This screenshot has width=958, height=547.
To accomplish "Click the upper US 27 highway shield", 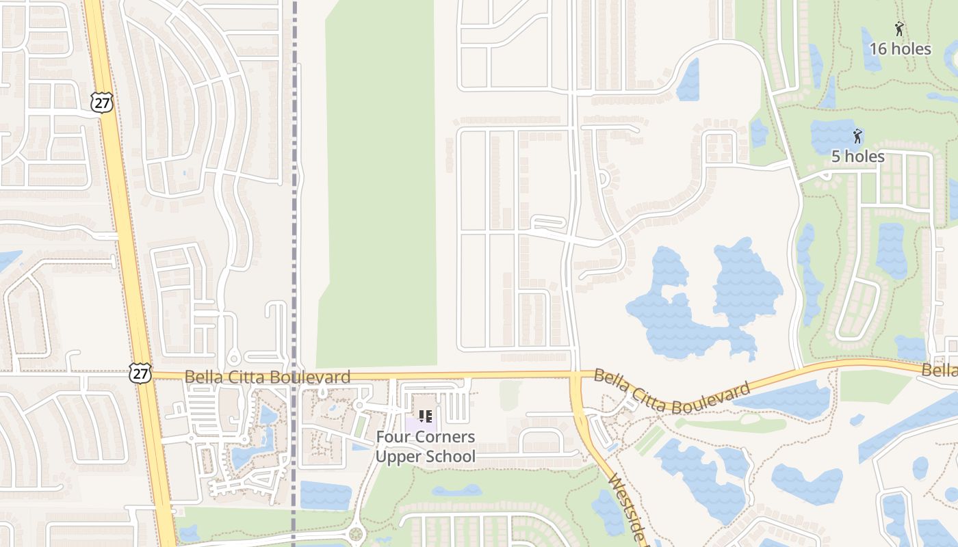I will (x=100, y=102).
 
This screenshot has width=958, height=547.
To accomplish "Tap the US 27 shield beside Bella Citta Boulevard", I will (x=140, y=373).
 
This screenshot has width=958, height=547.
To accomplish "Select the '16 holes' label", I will (x=900, y=49).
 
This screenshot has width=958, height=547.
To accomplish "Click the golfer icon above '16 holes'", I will (x=899, y=29).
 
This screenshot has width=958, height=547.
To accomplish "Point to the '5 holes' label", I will (x=857, y=157).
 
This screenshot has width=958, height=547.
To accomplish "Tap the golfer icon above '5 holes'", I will (x=857, y=136).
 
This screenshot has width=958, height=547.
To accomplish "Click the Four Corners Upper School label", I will (x=425, y=446).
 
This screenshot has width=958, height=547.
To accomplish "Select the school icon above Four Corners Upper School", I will (x=425, y=416).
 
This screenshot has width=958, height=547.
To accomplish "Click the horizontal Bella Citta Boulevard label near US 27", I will (x=267, y=376).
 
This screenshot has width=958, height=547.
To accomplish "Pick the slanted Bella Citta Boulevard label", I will (x=671, y=391).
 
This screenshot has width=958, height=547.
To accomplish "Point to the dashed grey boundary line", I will (x=295, y=205).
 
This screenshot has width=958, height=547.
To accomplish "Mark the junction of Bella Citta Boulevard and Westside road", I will (x=575, y=375).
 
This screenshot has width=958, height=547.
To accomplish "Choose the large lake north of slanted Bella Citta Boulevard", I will (x=705, y=301).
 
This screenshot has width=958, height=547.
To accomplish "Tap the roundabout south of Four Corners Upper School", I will (x=355, y=534).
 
